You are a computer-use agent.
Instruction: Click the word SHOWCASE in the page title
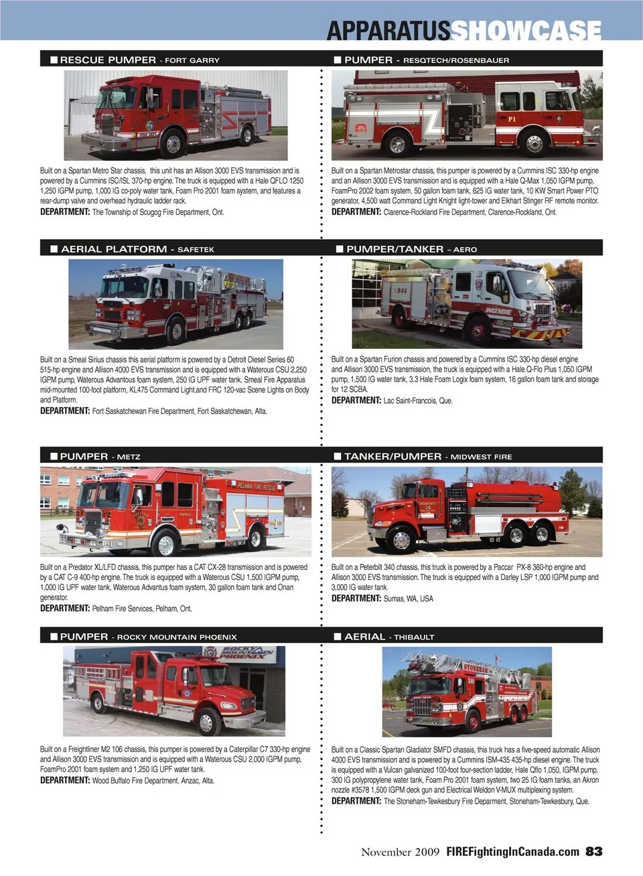point(526,31)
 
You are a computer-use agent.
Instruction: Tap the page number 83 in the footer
point(593,851)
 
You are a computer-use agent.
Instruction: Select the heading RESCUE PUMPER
point(108,60)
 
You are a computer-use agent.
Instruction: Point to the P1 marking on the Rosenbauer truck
point(512,119)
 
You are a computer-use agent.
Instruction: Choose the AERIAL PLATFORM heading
point(114,249)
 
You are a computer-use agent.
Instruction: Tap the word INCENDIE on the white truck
point(498,311)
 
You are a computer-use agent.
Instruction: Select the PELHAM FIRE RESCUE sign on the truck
point(257,486)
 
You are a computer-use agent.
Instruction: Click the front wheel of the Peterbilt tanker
point(401,539)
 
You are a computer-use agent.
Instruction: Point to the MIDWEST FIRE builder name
point(481,457)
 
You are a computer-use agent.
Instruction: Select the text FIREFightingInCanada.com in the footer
point(513,852)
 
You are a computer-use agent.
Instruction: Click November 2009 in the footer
point(400,852)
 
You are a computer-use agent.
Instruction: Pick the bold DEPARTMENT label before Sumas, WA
point(356,598)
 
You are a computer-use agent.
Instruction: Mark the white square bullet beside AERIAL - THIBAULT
point(338,637)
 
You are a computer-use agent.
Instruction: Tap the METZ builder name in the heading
point(129,457)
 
